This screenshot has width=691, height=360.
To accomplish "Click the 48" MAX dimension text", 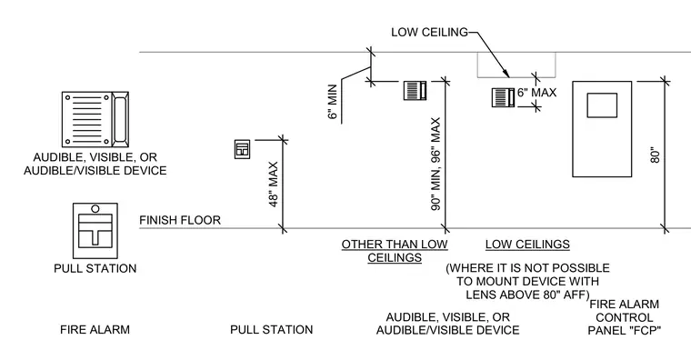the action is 274,185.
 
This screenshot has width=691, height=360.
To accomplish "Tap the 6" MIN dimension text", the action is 333,102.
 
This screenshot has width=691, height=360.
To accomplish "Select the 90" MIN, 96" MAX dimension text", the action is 436,164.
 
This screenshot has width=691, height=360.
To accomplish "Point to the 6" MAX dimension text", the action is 536,93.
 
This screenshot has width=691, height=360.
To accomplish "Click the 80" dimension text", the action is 656,157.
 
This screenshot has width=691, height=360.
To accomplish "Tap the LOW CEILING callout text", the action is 429,32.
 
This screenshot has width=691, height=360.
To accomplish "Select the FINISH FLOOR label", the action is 180,220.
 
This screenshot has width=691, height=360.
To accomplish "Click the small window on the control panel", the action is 602,105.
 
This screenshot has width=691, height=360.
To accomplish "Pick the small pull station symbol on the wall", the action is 242,149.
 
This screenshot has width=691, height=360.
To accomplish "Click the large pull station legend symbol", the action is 95,230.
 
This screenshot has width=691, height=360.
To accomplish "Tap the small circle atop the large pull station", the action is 95,208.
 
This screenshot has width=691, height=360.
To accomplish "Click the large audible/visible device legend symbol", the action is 95,119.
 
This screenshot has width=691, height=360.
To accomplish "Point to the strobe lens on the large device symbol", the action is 120,119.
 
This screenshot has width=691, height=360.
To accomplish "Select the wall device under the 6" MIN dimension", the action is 415,90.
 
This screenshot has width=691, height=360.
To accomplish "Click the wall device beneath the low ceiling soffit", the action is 504,97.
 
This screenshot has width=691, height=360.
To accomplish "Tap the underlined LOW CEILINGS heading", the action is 527,245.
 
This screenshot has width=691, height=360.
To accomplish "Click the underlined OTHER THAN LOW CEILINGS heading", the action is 395,251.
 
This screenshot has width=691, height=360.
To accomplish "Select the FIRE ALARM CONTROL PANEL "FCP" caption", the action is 625,317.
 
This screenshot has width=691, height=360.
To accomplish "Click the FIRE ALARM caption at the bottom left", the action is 95,330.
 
